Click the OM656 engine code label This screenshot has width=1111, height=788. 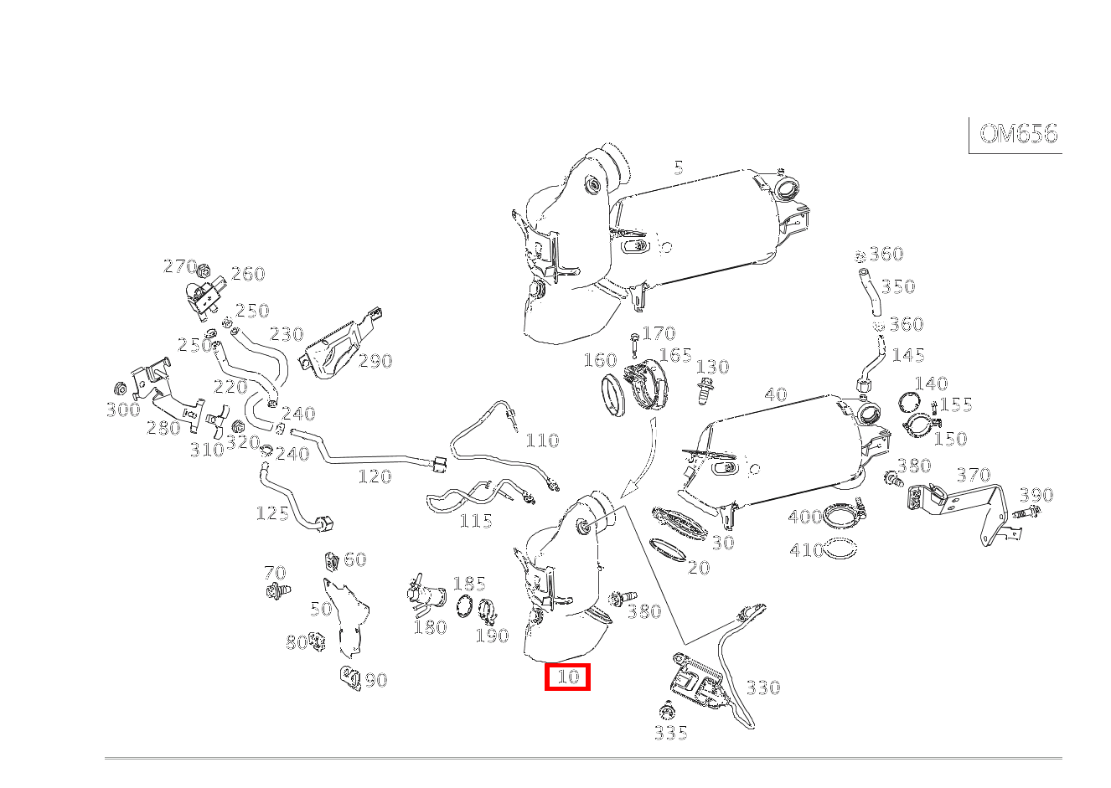pyautogui.click(x=1018, y=134)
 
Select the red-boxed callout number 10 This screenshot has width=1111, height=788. pyautogui.click(x=568, y=677)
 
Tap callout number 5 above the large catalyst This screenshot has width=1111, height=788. pyautogui.click(x=678, y=167)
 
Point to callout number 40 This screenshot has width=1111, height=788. pyautogui.click(x=776, y=394)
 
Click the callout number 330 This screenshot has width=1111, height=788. pyautogui.click(x=762, y=688)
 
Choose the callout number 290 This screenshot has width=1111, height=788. pyautogui.click(x=375, y=361)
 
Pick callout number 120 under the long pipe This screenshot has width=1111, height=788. pyautogui.click(x=375, y=476)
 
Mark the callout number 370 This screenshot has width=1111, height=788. pyautogui.click(x=973, y=475)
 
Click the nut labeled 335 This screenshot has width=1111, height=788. pyautogui.click(x=668, y=713)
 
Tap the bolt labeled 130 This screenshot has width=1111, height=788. pyautogui.click(x=704, y=390)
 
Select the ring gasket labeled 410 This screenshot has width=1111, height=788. pyautogui.click(x=840, y=550)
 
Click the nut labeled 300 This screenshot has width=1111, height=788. pyautogui.click(x=120, y=389)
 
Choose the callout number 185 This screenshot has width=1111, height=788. pyautogui.click(x=468, y=584)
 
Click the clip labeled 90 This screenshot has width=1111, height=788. pyautogui.click(x=350, y=677)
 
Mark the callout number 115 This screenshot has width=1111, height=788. pyautogui.click(x=476, y=521)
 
